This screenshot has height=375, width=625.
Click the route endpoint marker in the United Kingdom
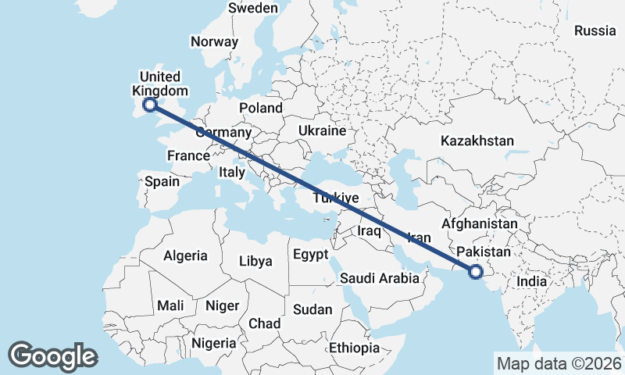(x=150, y=104)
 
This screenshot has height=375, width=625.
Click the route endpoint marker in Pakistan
(x=474, y=272)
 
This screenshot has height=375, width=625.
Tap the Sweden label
(x=253, y=8)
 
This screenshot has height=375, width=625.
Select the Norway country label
(x=214, y=42)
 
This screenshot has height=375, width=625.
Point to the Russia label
(x=595, y=31)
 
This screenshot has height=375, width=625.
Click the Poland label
(x=261, y=108)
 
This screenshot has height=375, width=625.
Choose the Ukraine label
(x=322, y=130)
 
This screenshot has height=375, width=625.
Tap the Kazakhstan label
(x=477, y=141)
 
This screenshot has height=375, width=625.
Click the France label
(x=188, y=155)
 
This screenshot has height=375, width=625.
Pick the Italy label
(x=232, y=172)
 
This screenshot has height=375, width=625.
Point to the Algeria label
(x=185, y=255)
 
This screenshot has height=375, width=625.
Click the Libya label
(x=255, y=261)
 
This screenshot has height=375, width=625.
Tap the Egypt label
(x=310, y=255)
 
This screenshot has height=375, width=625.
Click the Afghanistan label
(x=480, y=224)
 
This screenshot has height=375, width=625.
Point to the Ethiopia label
(x=354, y=347)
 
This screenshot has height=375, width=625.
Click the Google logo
(x=52, y=356)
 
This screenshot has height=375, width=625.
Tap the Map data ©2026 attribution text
(x=559, y=363)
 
